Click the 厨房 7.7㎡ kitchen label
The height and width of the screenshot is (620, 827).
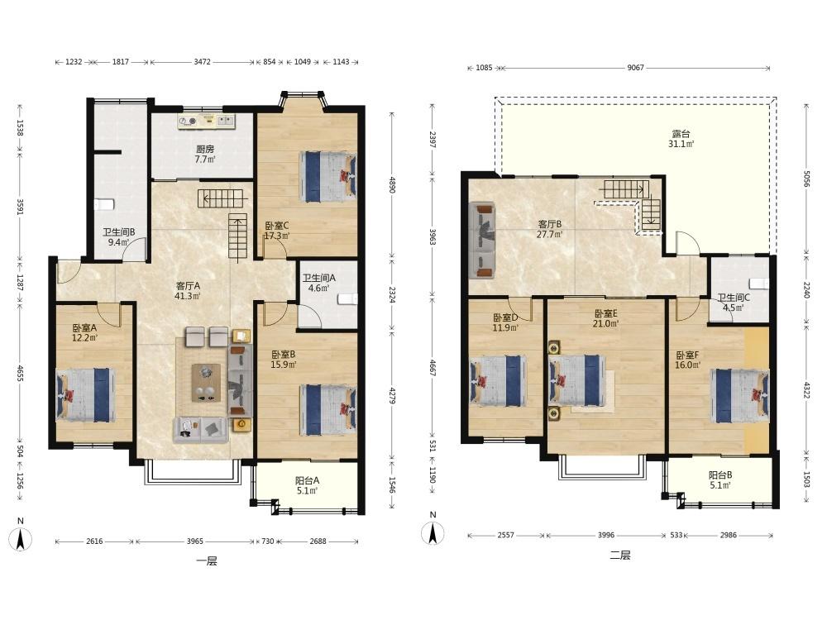coord(204,154)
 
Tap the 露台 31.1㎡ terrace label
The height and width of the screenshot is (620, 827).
coord(681,139)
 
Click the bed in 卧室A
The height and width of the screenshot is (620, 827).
coord(85,395)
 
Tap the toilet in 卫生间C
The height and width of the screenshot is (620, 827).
coord(759,283)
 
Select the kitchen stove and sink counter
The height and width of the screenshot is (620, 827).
coord(206,122)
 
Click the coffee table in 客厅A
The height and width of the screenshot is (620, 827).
coord(206,383)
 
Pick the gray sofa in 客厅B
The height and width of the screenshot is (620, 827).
coord(482,240)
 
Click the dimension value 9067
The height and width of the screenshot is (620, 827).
coord(635,68)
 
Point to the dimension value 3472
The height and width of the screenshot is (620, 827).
coord(202,62)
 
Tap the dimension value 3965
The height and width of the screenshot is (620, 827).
coord(194,541)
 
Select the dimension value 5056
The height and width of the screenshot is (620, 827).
coord(805,179)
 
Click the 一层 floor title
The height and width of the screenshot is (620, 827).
coord(206,561)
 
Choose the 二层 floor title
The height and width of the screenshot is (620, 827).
coord(620,556)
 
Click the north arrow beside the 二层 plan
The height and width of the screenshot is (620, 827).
coord(433,532)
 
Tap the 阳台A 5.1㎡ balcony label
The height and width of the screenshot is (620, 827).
coord(307,485)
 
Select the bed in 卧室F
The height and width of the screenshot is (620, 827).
coord(739,395)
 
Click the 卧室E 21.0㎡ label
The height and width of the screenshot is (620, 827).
coord(605,318)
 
